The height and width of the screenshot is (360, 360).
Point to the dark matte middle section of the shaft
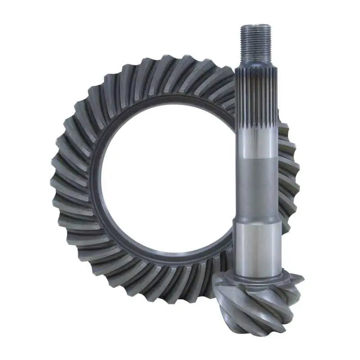coord(255,184)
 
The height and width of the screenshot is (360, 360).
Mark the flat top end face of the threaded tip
coord(255,27)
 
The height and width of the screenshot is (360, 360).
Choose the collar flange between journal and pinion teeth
coord(256,276)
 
